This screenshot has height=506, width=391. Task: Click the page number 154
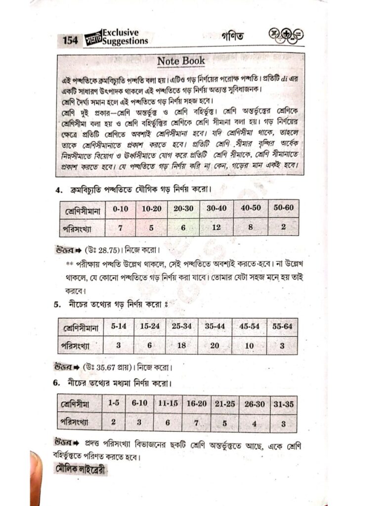[70, 40]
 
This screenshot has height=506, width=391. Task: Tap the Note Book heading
[181, 61]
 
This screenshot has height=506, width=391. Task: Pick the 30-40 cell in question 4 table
[217, 209]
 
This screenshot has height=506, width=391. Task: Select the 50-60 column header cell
[283, 208]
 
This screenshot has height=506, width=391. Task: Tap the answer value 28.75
[107, 249]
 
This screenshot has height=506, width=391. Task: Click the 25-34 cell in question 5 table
[181, 327]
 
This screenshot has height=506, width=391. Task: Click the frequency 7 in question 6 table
[196, 422]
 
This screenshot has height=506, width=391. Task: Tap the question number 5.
[57, 305]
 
